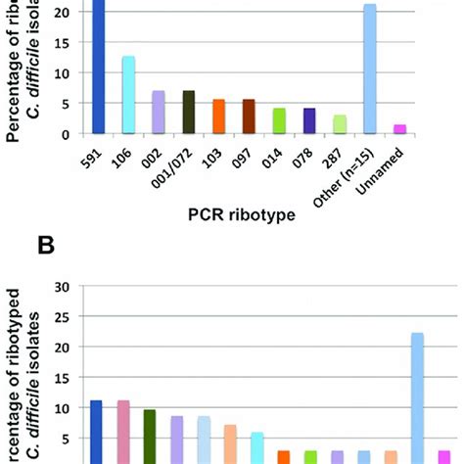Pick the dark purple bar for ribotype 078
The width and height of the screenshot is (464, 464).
point(308,120)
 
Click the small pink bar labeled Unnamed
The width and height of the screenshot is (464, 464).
point(398,128)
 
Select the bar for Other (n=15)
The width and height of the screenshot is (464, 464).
point(369,69)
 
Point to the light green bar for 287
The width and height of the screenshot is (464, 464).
point(339,123)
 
